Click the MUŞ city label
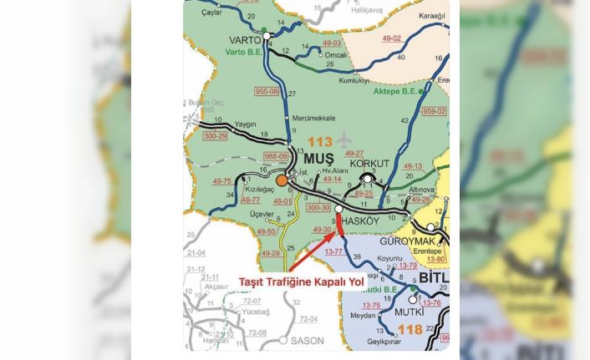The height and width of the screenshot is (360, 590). [318, 158]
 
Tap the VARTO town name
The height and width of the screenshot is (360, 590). [245, 40]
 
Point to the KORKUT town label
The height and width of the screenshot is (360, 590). [369, 165]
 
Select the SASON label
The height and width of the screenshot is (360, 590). [306, 341]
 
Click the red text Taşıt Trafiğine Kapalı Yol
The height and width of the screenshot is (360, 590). [301, 282]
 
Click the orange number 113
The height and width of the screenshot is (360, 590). [319, 141]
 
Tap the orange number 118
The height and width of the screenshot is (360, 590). [409, 330]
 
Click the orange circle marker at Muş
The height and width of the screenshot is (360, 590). [282, 180]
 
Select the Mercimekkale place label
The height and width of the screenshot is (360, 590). [313, 118]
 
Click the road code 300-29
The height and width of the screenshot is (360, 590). [215, 135]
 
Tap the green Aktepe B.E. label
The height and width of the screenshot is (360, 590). [394, 91]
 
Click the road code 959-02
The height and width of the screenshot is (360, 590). [434, 111]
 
